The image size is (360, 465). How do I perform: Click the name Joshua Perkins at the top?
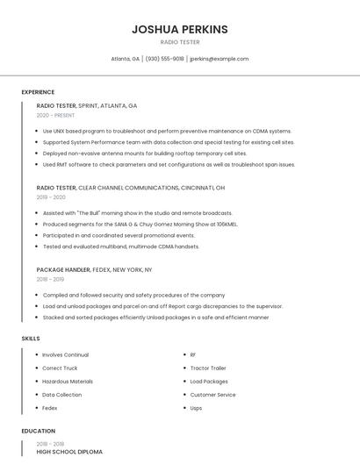[x=179, y=29]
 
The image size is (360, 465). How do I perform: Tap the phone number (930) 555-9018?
[x=164, y=59]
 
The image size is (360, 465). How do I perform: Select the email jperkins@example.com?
[x=219, y=59]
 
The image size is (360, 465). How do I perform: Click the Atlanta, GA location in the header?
[x=125, y=59]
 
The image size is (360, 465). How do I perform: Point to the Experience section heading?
[x=38, y=92]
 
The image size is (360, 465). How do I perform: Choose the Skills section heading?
[x=31, y=338]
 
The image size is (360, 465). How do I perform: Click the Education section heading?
[x=38, y=431]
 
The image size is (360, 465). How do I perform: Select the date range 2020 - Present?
[x=55, y=115]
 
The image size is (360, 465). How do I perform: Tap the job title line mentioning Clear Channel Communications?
[x=130, y=188]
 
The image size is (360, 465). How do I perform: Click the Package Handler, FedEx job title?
[x=94, y=270]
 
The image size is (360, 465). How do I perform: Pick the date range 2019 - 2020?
[x=52, y=197]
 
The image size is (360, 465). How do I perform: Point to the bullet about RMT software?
[x=169, y=164]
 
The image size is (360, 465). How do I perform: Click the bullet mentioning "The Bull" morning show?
[x=137, y=212]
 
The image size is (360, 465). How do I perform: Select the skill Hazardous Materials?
[x=68, y=382]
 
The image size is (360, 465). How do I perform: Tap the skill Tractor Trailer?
[x=208, y=368]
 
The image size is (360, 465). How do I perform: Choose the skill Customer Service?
[x=212, y=395]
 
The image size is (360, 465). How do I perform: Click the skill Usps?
[x=196, y=408]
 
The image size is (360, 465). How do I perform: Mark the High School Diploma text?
[x=69, y=451]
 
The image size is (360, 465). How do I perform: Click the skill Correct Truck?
[x=60, y=368]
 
